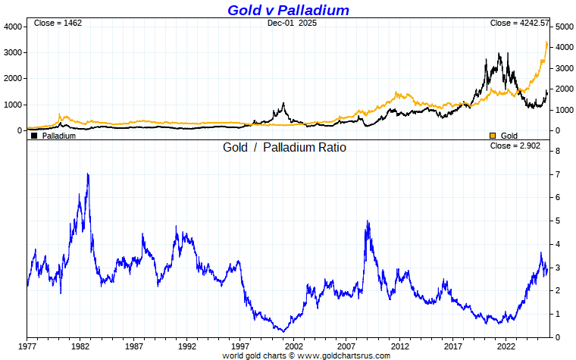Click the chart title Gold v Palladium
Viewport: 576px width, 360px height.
(x=288, y=10)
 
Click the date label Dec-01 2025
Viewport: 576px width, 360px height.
(x=293, y=23)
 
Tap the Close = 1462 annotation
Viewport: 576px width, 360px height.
(x=58, y=23)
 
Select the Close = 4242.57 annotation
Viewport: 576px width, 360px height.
(x=519, y=23)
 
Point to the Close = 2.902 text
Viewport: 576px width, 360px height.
(x=515, y=146)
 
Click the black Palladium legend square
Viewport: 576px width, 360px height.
(x=34, y=136)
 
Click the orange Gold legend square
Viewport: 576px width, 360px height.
(x=493, y=136)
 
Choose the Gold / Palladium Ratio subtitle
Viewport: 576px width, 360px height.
(x=284, y=147)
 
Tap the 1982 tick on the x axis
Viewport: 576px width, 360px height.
(x=81, y=345)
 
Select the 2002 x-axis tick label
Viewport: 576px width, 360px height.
(x=294, y=345)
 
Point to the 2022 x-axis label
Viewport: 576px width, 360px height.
(x=506, y=345)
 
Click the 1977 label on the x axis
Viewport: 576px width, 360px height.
(x=28, y=345)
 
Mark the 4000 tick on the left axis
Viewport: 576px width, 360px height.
(x=12, y=27)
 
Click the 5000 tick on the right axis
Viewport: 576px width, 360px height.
(x=563, y=27)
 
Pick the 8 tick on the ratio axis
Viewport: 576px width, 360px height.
(x=558, y=152)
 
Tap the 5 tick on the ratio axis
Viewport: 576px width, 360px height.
(x=558, y=221)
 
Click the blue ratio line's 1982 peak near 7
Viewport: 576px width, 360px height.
(x=88, y=174)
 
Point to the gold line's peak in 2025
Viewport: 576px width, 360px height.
(x=547, y=42)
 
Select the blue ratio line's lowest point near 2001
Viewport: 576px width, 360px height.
(x=283, y=331)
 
